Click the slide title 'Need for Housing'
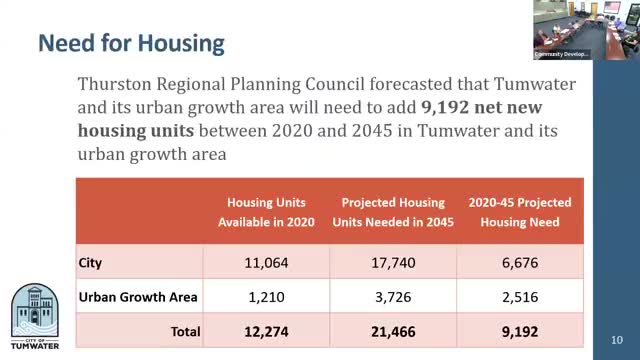[x=131, y=43]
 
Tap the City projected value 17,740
[x=393, y=263]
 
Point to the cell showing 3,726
[x=393, y=296]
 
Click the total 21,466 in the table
[x=393, y=330]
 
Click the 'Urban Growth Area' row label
[x=131, y=296]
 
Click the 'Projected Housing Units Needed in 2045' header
[x=393, y=212]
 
